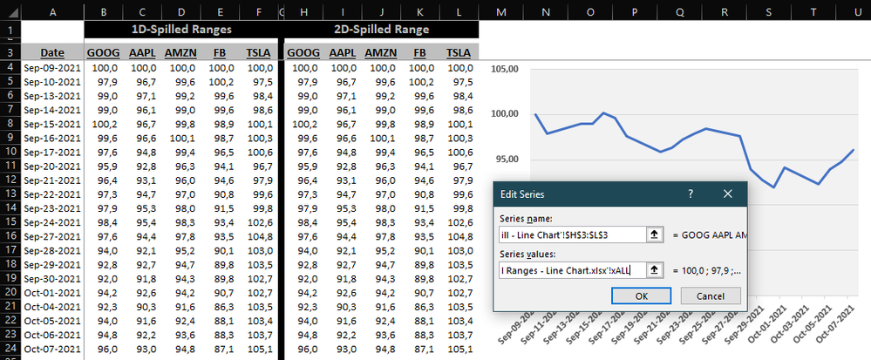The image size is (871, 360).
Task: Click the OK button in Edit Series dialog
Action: [x=642, y=295]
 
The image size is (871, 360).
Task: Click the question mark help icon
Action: [x=690, y=194]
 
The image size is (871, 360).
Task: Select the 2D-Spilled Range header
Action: [x=382, y=29]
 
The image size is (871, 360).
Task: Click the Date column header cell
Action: [x=51, y=52]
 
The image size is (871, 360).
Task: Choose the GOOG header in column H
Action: [x=303, y=52]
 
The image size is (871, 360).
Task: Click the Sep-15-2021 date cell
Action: [x=51, y=124]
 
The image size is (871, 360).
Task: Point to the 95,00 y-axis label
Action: [x=508, y=159]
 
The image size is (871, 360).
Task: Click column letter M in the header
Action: [x=500, y=10]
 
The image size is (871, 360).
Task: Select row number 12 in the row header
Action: [x=10, y=180]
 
